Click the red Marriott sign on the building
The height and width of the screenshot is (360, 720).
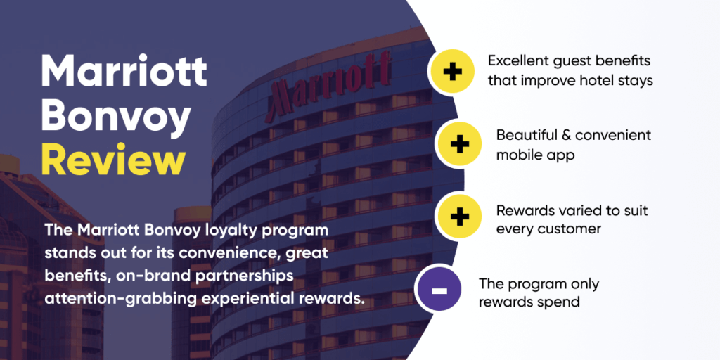point(330,80)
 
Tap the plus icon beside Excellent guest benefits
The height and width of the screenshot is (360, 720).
point(451,72)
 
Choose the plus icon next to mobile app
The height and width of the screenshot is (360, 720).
point(459,144)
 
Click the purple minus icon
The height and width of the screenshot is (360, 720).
point(439,289)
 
